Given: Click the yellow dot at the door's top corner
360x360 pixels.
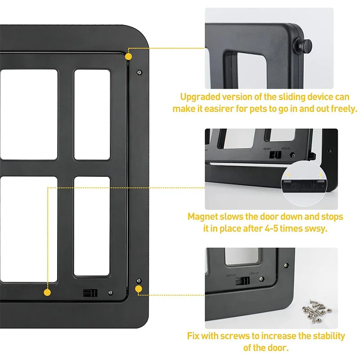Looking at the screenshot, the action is [x=128, y=57].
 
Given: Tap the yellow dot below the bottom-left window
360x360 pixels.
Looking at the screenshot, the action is [x=47, y=292].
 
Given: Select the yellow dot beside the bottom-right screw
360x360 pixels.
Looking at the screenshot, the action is [x=139, y=289].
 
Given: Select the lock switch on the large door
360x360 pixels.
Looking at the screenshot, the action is [x=90, y=292].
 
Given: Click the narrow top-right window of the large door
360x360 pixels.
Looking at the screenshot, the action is [x=92, y=114].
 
